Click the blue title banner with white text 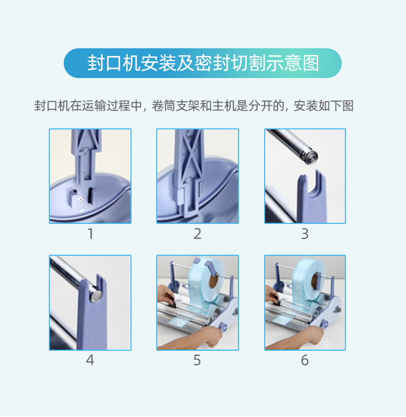[x=202, y=63]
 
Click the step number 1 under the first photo [x=90, y=234]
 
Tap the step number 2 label [x=197, y=234]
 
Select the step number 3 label [x=305, y=234]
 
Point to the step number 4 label [x=90, y=361]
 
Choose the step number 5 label [x=197, y=361]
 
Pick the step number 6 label [x=305, y=361]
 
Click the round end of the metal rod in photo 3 [x=311, y=156]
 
